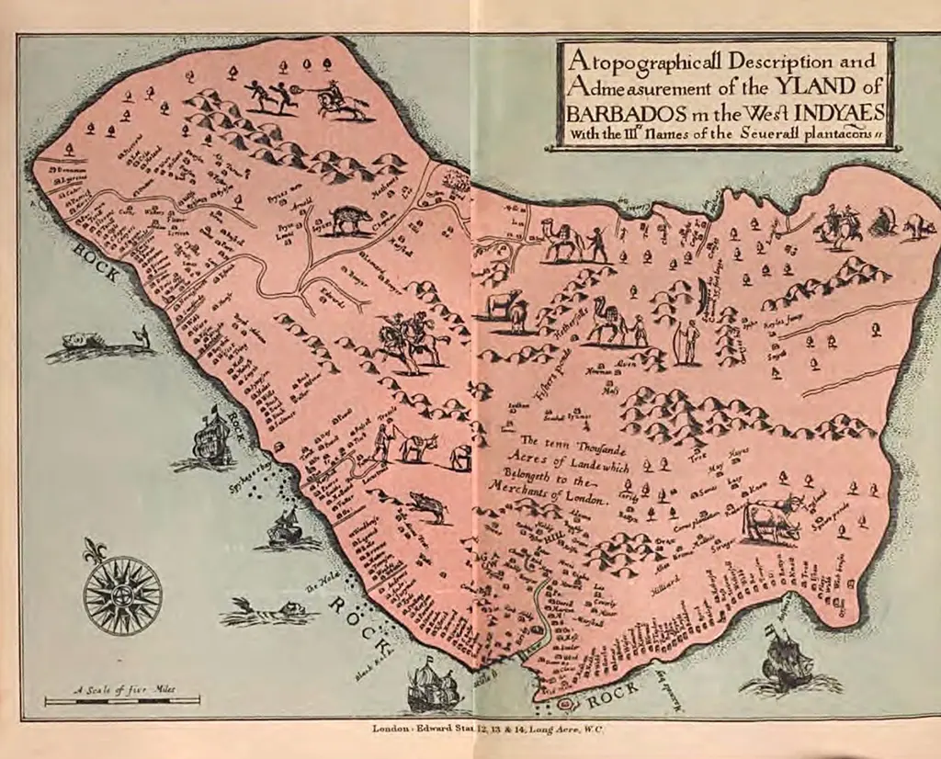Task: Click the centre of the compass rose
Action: pyautogui.click(x=122, y=595)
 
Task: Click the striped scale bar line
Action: pyautogui.click(x=122, y=700)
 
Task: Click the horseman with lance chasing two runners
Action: pyautogui.click(x=337, y=99)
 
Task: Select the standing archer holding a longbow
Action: pyautogui.click(x=686, y=342)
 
